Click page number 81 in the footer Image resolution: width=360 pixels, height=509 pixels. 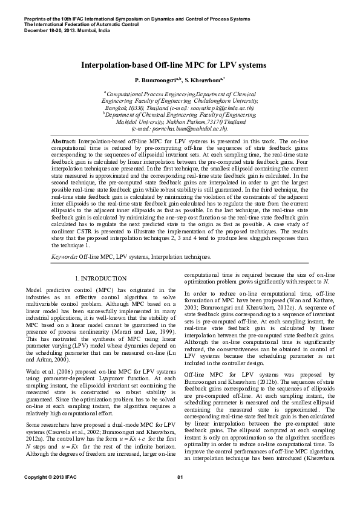[180, 495]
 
